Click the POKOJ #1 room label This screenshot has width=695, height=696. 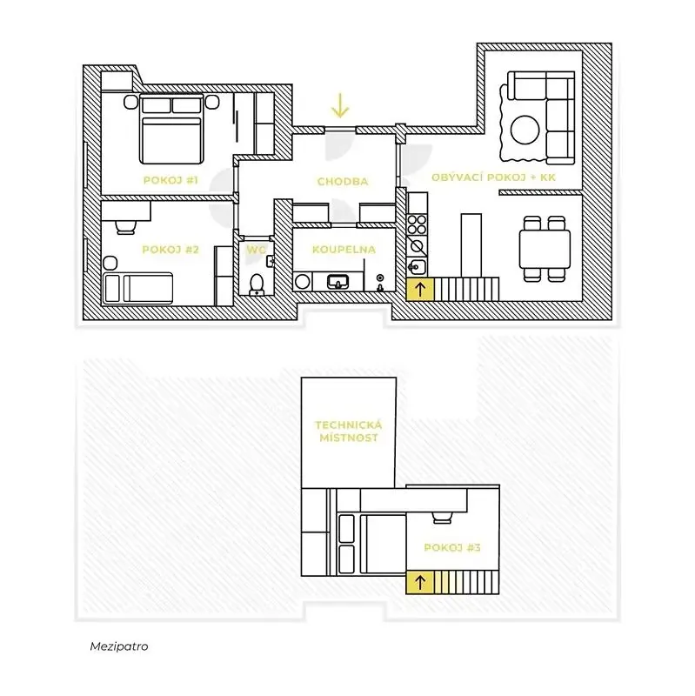[170, 180]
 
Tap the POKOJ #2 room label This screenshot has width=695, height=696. [170, 250]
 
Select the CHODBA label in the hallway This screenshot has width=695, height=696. [343, 181]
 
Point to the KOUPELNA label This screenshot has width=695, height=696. [344, 250]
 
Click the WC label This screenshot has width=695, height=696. [256, 250]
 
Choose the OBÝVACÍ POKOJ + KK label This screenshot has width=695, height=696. [493, 177]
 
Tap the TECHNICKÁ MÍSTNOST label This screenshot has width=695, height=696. [349, 431]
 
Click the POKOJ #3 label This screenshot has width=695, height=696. [452, 547]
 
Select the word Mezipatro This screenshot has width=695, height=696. [119, 646]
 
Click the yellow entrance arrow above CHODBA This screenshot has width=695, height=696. [340, 105]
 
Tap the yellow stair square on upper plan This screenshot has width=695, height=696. [420, 290]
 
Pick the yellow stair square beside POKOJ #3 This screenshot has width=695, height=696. [420, 582]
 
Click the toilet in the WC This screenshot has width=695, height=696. [257, 285]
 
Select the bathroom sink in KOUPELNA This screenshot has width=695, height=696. [337, 281]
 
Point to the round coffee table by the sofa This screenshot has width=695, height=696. [525, 130]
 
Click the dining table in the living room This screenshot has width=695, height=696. [545, 249]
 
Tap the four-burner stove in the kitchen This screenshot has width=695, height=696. [418, 224]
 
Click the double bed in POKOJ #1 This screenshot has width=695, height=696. [171, 129]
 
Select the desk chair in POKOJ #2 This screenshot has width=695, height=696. [125, 227]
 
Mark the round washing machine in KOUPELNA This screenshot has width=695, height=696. [302, 281]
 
